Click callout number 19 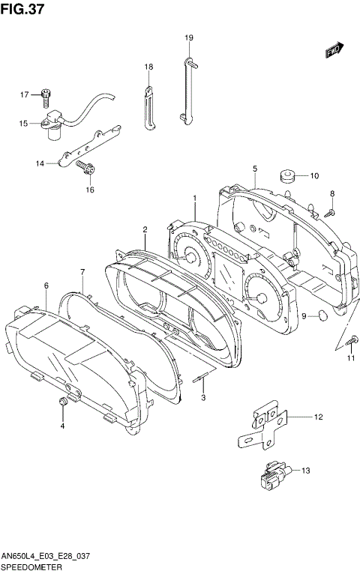(189, 37)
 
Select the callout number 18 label (148, 67)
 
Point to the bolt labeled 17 (47, 95)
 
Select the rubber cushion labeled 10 (286, 177)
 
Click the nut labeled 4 (63, 405)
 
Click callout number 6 (46, 286)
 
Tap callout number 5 (255, 169)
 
